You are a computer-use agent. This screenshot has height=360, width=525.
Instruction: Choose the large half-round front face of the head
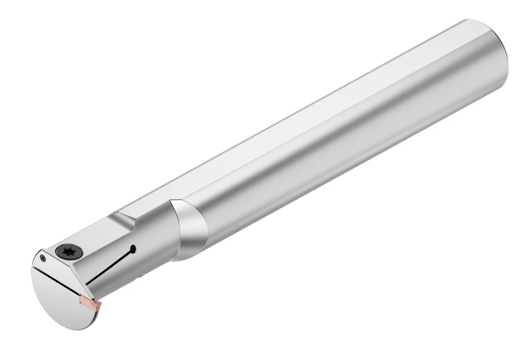[x=61, y=298]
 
